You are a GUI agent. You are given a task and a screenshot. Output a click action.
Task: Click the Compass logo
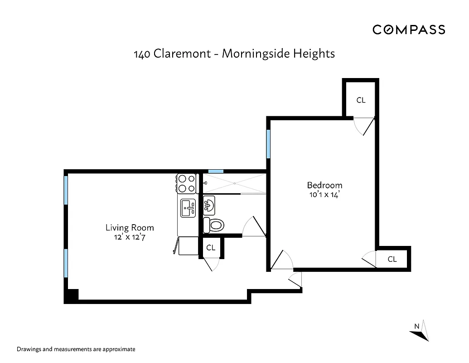click(409, 30)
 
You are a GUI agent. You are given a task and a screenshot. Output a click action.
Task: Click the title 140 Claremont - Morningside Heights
click(234, 54)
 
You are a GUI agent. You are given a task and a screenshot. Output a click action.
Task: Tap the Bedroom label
click(324, 185)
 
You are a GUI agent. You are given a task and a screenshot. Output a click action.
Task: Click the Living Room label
click(130, 228)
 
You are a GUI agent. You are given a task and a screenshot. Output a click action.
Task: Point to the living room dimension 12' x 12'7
click(130, 237)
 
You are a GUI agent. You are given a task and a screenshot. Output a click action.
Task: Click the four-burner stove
click(186, 184)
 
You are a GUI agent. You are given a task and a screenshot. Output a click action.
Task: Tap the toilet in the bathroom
click(214, 225)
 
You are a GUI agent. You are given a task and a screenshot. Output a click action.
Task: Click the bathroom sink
click(209, 206)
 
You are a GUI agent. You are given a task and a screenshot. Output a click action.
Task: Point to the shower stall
click(234, 183)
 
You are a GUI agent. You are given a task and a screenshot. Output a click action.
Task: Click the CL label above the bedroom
click(361, 100)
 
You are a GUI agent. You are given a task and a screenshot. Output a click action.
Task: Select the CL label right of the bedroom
click(392, 260)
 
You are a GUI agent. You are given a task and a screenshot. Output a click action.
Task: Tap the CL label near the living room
click(211, 248)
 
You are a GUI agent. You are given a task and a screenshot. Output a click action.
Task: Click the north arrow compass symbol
click(420, 331)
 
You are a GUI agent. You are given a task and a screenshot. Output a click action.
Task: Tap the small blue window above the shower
click(216, 172)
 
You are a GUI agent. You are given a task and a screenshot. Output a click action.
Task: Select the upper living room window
click(66, 190)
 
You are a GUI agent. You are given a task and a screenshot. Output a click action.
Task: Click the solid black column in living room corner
click(72, 295)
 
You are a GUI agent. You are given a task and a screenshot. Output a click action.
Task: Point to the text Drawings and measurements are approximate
click(76, 349)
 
